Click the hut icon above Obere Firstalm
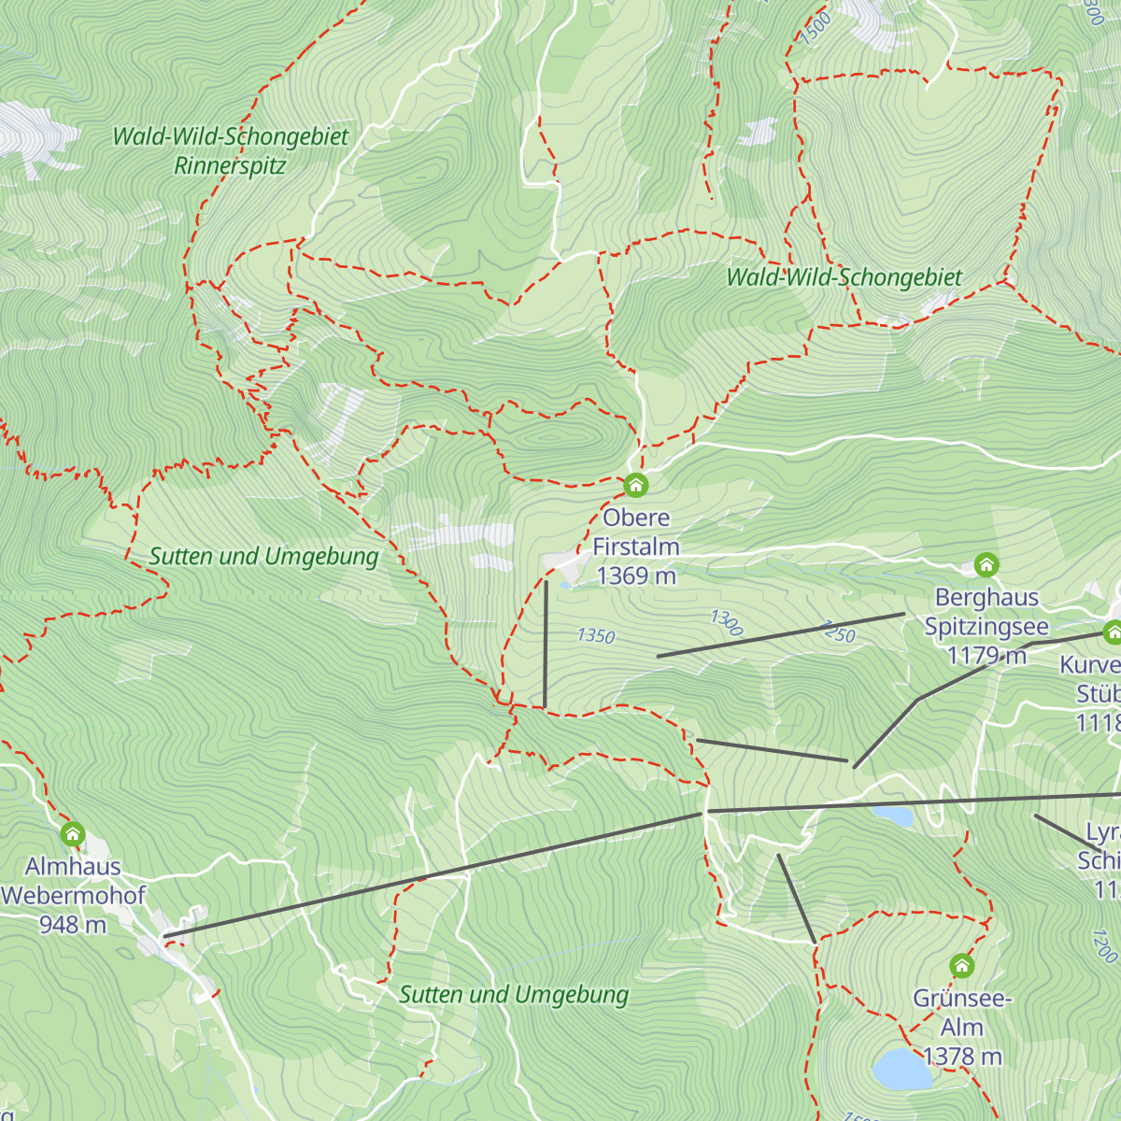click(635, 485)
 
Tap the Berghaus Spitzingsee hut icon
click(986, 564)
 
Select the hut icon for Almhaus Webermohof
click(73, 833)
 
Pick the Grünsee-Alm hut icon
click(961, 965)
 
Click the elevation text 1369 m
click(635, 576)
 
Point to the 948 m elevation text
click(72, 925)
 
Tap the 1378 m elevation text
click(962, 1057)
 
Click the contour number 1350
click(596, 636)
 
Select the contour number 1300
click(726, 622)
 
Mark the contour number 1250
click(838, 631)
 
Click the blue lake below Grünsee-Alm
click(902, 1069)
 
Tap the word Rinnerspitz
click(230, 166)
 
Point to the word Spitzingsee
click(986, 627)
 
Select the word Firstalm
click(635, 546)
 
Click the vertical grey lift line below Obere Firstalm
click(546, 645)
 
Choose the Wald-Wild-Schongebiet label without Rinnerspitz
click(844, 277)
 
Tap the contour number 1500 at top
click(816, 28)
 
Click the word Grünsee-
click(962, 998)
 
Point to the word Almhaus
click(73, 866)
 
